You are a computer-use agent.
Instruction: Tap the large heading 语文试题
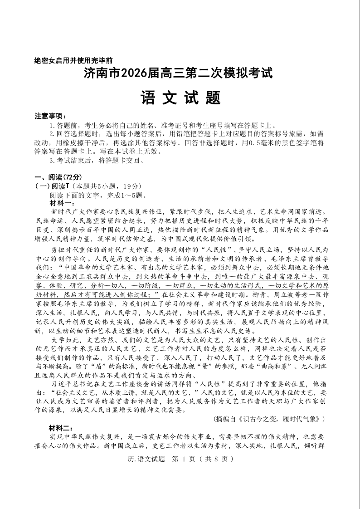pyautogui.click(x=180, y=97)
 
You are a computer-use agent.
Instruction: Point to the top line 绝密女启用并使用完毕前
pyautogui.click(x=73, y=60)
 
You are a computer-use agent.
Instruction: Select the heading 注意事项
pyautogui.click(x=50, y=116)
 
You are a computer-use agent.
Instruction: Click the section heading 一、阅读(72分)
pyautogui.click(x=58, y=177)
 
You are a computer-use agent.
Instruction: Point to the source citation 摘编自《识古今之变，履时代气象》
pyautogui.click(x=269, y=419)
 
